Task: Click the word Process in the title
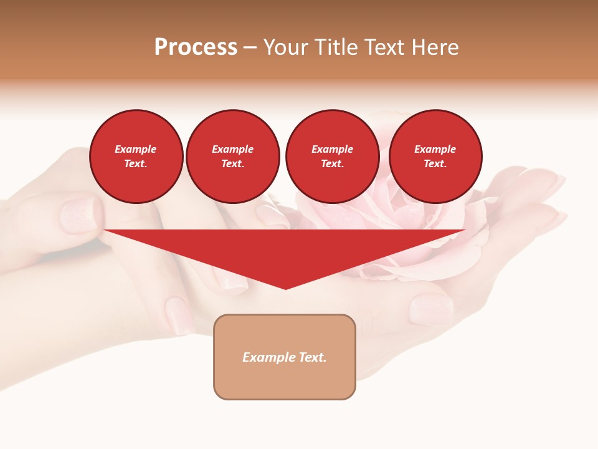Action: tap(196, 47)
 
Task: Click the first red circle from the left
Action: tap(136, 157)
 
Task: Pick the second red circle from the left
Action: tap(233, 157)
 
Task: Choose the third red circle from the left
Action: tap(332, 157)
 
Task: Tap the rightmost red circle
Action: tap(435, 157)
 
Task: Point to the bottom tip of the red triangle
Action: tap(286, 288)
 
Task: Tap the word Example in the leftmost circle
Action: tap(136, 150)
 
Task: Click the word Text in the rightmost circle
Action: tap(435, 164)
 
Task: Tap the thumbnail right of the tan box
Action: tap(431, 309)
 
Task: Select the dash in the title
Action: tap(250, 48)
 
